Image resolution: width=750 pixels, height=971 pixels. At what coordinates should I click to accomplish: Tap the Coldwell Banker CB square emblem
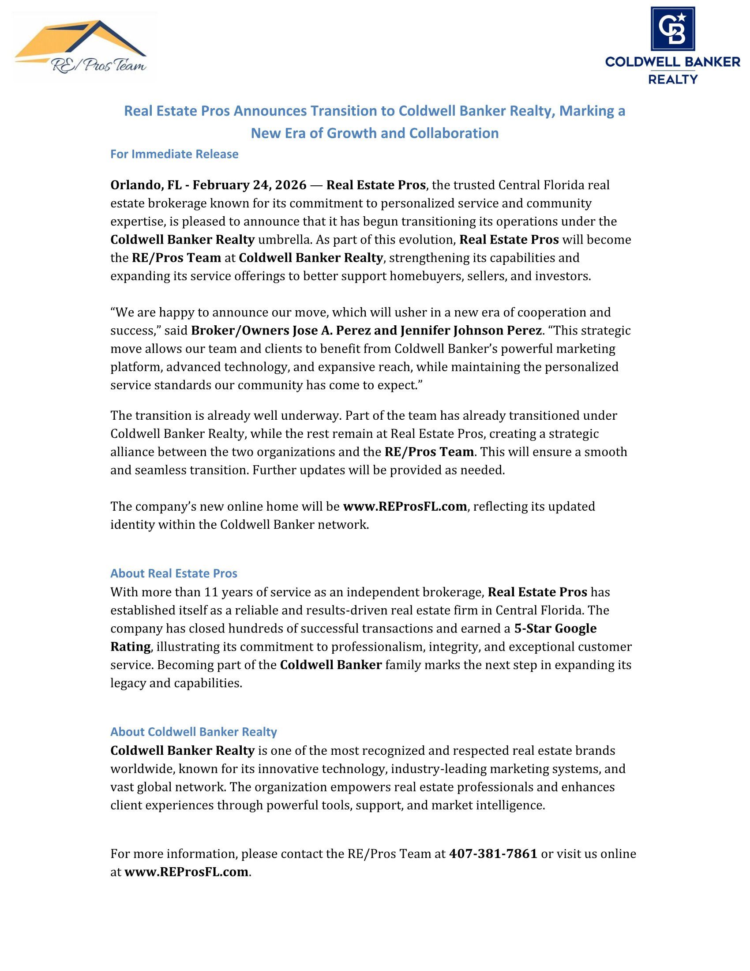[x=673, y=28]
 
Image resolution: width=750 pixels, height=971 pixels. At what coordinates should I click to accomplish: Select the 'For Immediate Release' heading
[x=174, y=154]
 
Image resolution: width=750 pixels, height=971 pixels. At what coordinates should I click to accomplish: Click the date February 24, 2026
[x=249, y=185]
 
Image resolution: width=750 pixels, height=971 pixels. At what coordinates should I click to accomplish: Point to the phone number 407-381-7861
[x=493, y=854]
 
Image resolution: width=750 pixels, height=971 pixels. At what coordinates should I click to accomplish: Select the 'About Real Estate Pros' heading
[x=174, y=573]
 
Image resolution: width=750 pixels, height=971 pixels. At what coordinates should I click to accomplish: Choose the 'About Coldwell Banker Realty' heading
[x=193, y=732]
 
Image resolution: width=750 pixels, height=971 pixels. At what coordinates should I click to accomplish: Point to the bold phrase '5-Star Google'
[x=555, y=628]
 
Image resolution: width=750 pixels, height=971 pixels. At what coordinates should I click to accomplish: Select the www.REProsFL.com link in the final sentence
[x=186, y=872]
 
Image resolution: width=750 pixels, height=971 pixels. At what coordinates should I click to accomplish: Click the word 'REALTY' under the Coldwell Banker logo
[x=673, y=79]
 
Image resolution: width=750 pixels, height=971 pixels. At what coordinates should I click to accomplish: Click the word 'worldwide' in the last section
[x=138, y=769]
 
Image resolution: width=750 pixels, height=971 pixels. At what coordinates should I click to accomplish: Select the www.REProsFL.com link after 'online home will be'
[x=405, y=506]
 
